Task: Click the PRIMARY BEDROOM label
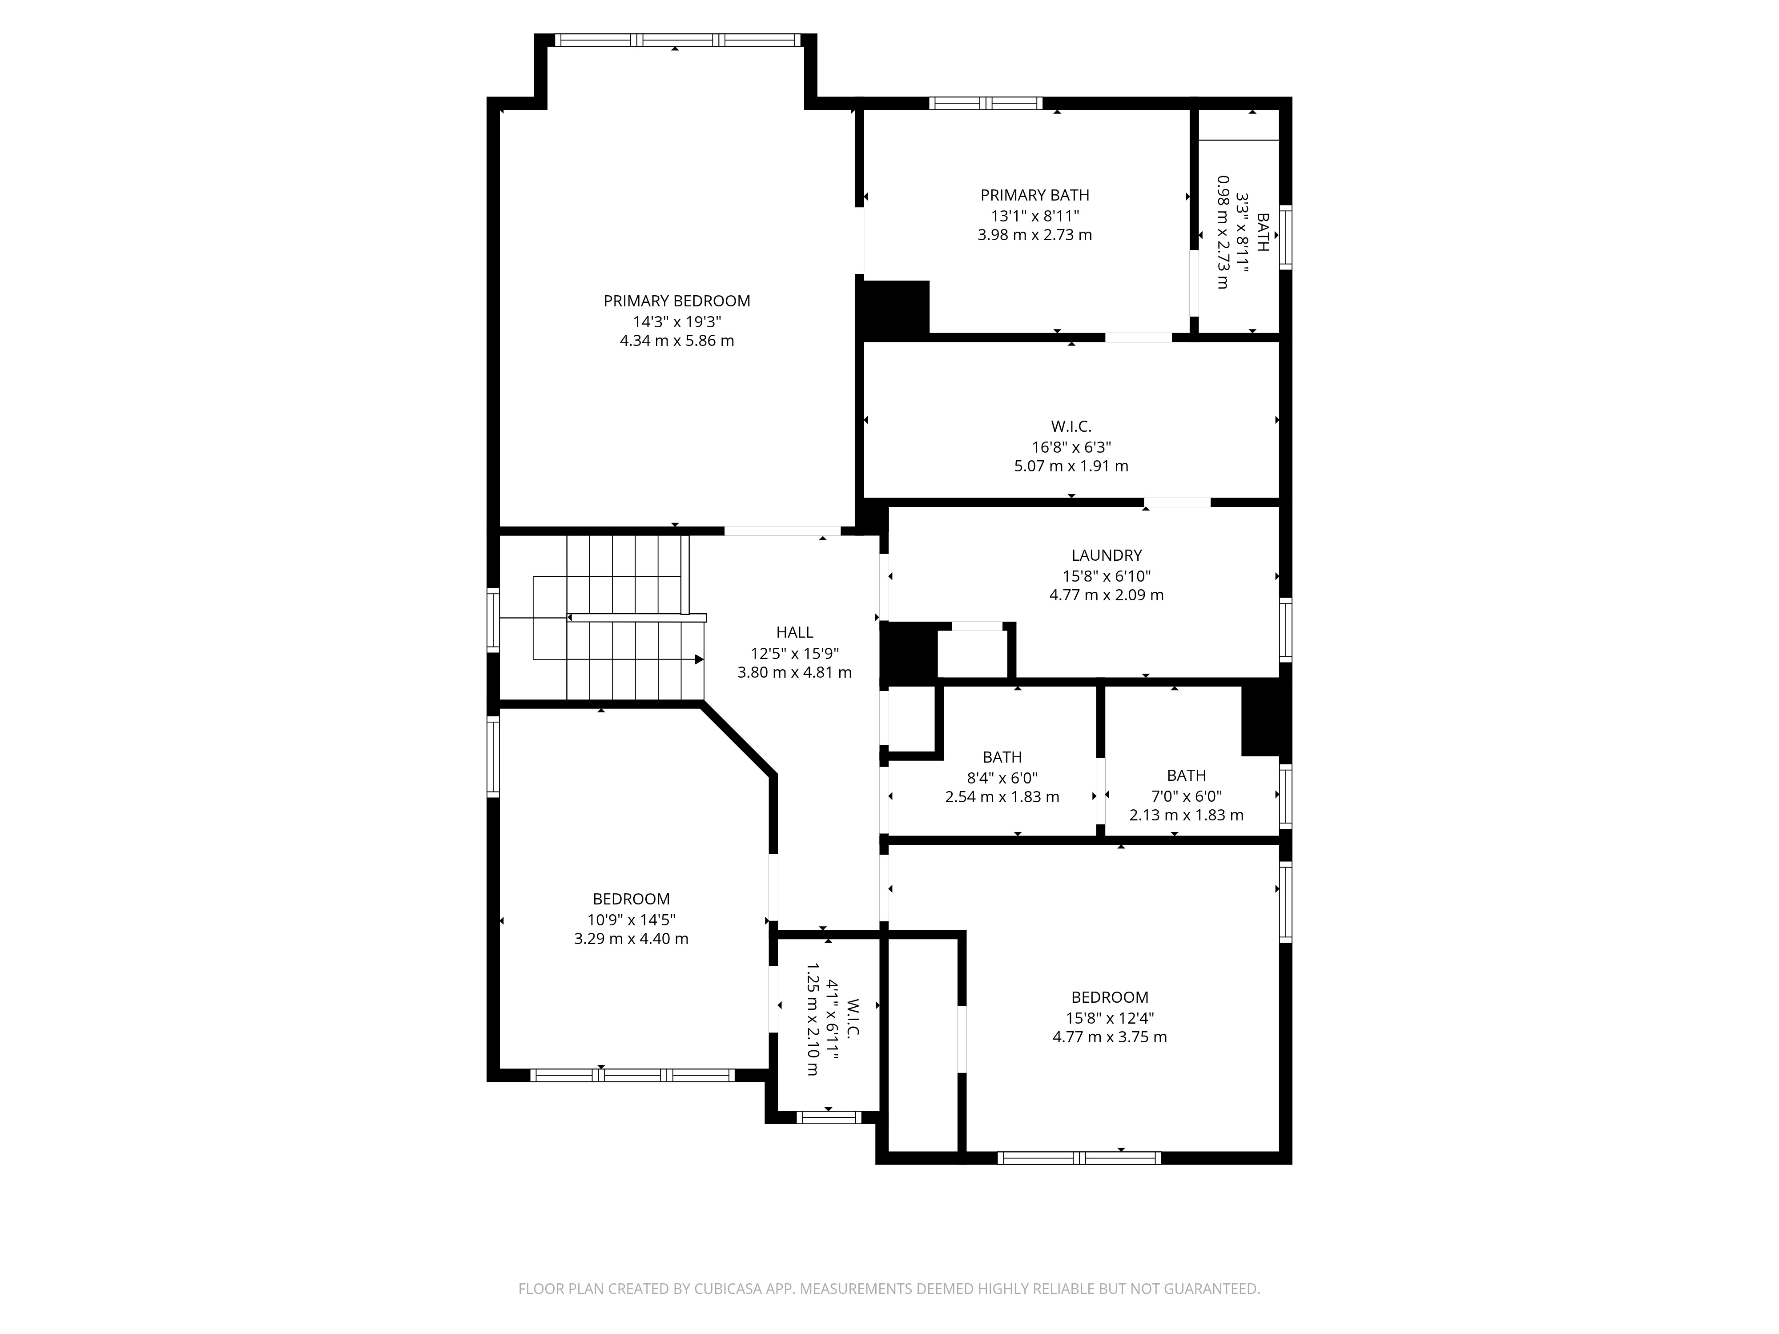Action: (676, 301)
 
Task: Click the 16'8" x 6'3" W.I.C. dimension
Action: (1071, 447)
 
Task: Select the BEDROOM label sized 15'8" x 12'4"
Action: (1109, 997)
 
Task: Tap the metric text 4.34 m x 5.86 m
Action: (676, 340)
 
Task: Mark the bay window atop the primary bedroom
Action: (676, 40)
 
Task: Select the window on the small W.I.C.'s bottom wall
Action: (829, 1117)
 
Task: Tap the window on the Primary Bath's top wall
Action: (985, 103)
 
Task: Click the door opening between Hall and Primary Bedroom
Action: (782, 530)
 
